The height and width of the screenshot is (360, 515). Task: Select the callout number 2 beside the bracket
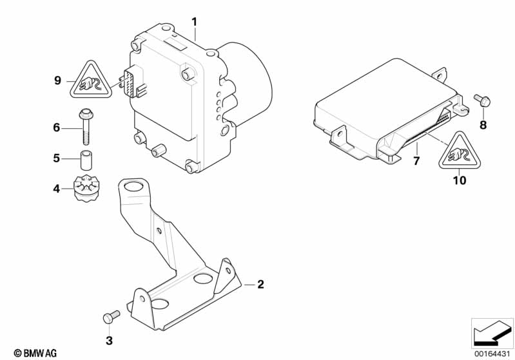[260, 284]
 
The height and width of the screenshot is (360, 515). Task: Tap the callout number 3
[109, 339]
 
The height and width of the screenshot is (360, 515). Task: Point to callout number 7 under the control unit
[416, 161]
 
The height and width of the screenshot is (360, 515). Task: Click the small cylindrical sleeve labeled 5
[85, 158]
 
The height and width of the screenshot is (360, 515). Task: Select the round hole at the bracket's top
[134, 189]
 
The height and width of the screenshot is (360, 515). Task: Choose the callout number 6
[56, 128]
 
